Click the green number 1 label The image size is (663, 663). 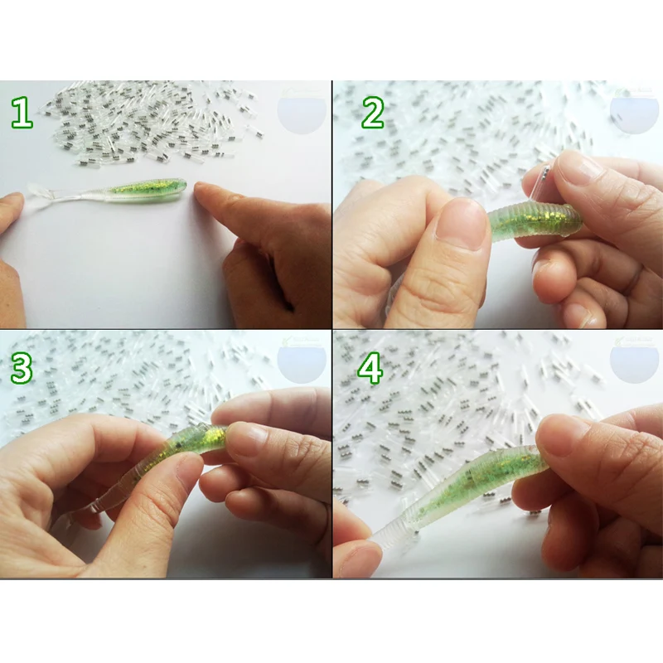tap(22, 114)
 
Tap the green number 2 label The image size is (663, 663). tap(372, 114)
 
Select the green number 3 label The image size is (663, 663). tap(22, 369)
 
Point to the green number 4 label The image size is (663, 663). tap(370, 369)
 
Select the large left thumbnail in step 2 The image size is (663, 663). tap(461, 224)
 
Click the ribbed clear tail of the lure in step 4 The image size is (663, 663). tap(390, 522)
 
